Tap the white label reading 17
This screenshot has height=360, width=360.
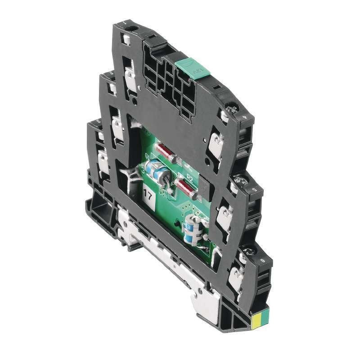point(148,195)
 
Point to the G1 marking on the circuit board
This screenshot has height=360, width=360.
point(147,157)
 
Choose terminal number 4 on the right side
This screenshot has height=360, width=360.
point(243,118)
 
